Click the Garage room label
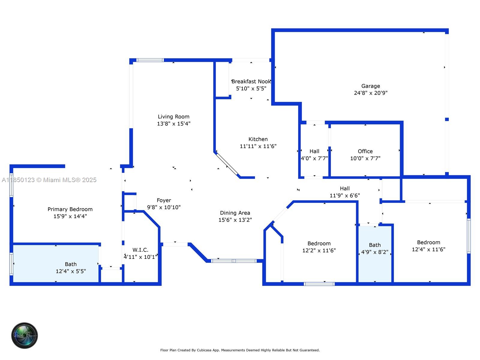point(370,86)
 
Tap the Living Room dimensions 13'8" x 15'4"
point(174,124)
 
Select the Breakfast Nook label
point(251,82)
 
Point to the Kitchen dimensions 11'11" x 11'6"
point(258,146)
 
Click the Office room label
point(365,151)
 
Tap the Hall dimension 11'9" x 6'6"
point(345,196)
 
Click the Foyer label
point(164,200)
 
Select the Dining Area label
point(235,213)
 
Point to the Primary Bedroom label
point(70,209)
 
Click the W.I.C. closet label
point(140,250)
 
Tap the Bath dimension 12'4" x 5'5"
point(71,271)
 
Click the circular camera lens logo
point(25,335)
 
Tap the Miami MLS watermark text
point(49,180)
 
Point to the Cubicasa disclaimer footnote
point(240,350)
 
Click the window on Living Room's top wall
point(150,60)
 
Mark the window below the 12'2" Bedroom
point(319,284)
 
